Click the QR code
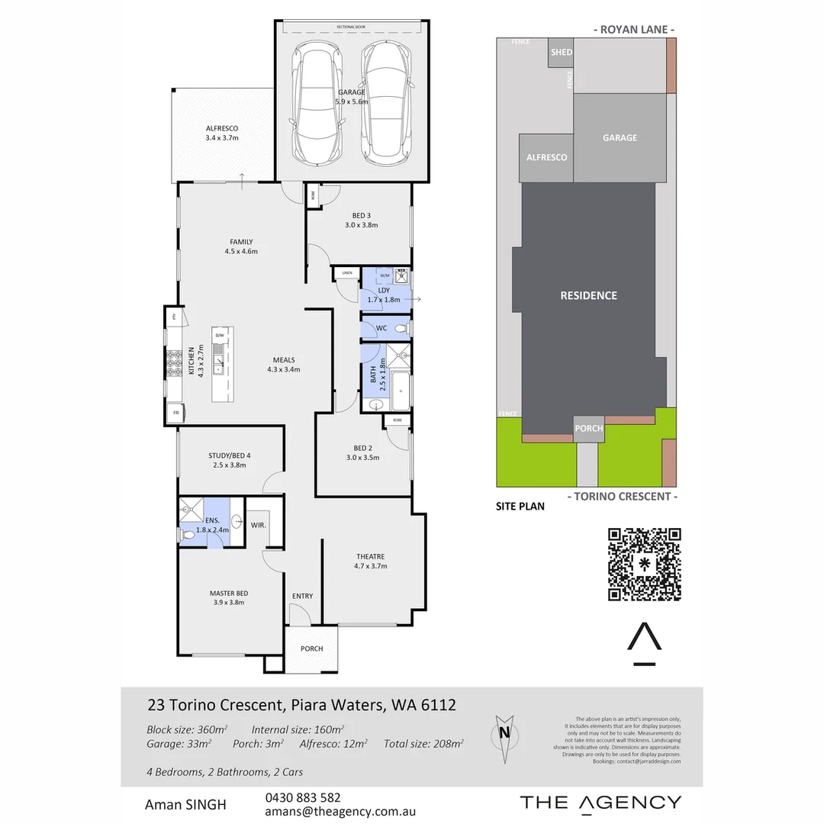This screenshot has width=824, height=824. [x=644, y=564]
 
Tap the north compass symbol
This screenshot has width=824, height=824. [x=504, y=739]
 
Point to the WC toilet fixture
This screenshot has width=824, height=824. [x=404, y=329]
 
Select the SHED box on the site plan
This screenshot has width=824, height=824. [x=562, y=53]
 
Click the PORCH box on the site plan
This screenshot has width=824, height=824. [x=588, y=428]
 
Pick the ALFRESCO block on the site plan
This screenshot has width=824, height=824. [x=547, y=157]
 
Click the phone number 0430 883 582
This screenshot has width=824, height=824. [x=302, y=797]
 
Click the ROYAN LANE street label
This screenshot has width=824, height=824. [x=633, y=30]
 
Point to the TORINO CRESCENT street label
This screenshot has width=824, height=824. [x=623, y=496]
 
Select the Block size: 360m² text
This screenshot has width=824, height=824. [x=188, y=728]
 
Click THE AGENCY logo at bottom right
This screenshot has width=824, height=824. [x=600, y=802]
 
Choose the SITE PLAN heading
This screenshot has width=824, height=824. [x=520, y=506]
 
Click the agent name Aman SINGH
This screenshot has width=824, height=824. [x=185, y=804]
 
